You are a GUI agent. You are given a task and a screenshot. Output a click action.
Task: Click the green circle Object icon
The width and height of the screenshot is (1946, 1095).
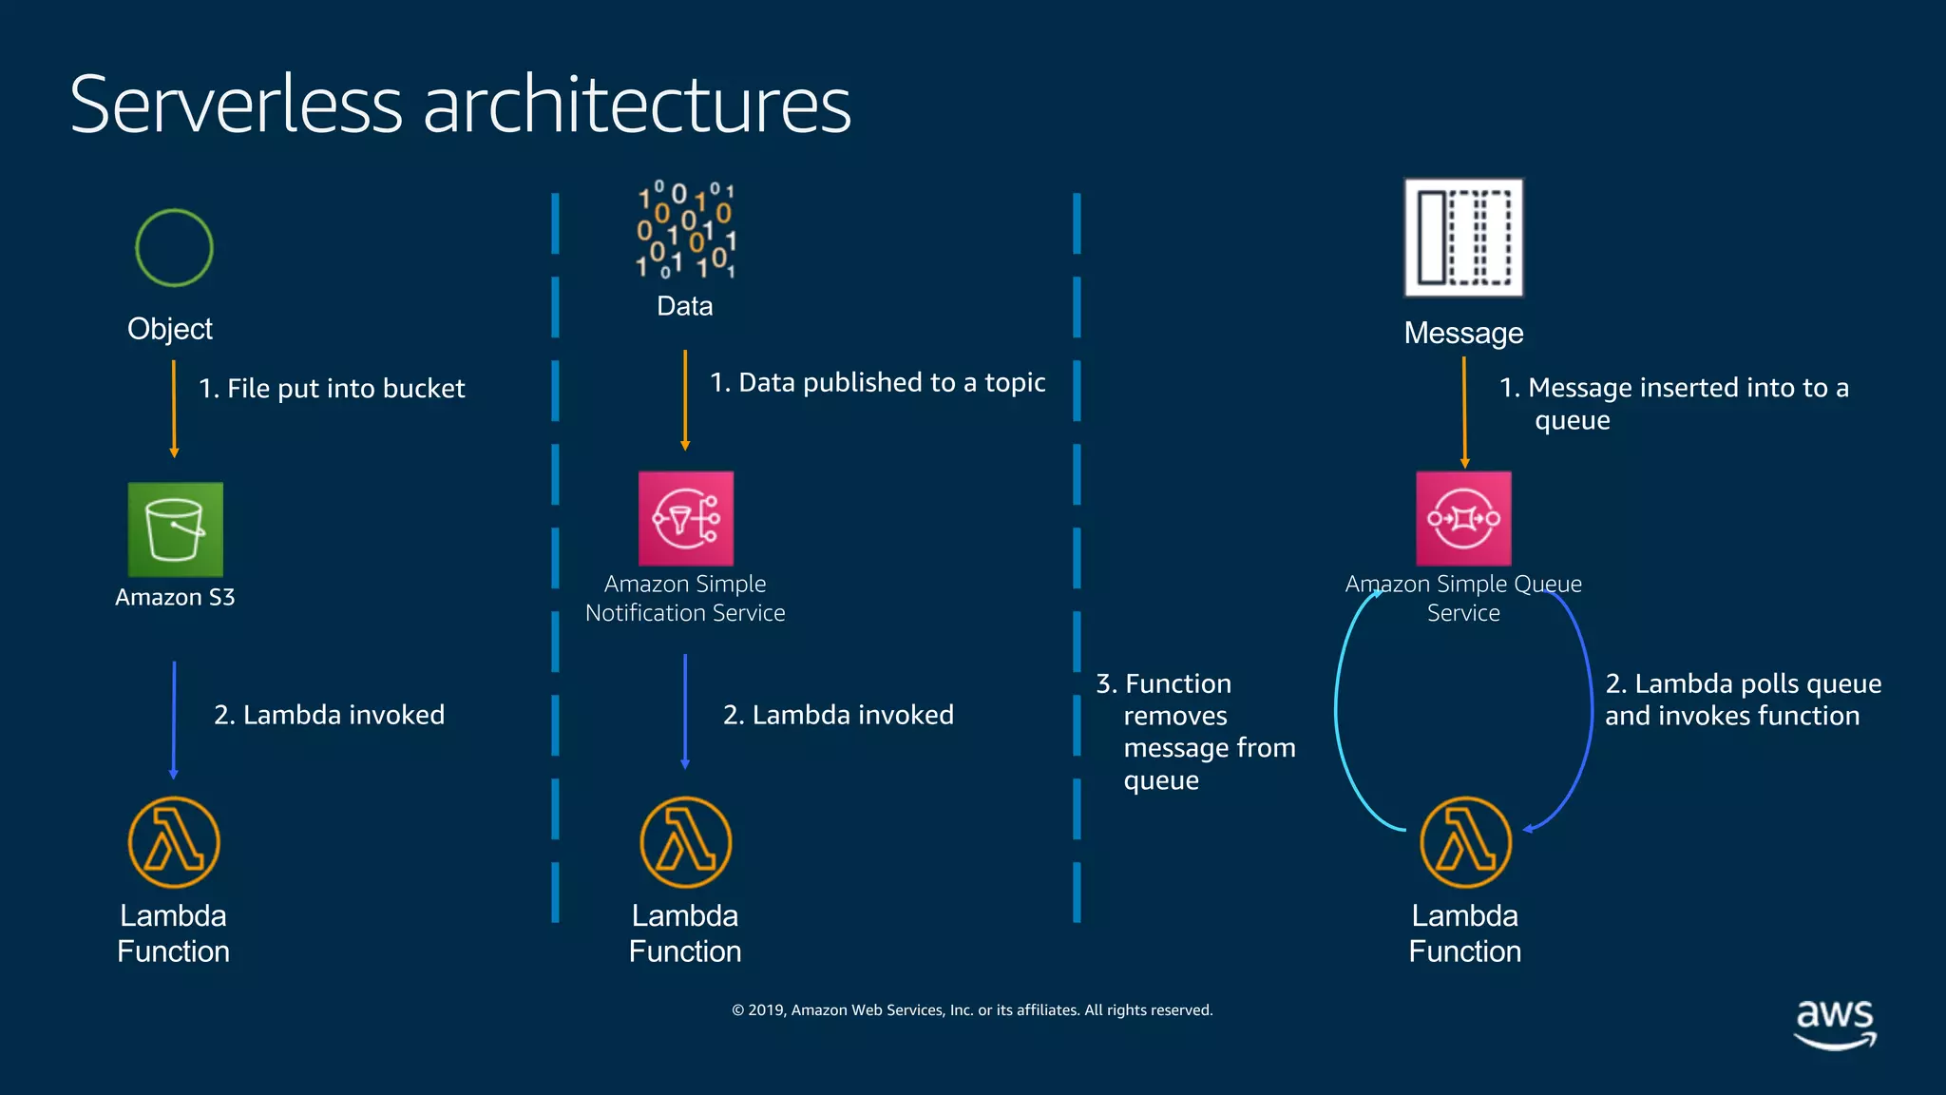click(x=174, y=248)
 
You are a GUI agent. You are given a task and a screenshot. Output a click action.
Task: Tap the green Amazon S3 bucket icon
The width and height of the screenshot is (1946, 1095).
click(x=176, y=529)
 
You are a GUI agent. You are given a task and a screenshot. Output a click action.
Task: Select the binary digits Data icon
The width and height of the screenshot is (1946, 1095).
click(x=685, y=231)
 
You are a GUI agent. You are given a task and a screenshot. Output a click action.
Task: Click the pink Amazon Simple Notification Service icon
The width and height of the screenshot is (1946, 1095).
click(x=686, y=519)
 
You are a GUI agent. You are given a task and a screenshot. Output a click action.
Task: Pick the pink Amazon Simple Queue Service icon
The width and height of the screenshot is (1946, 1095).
click(x=1463, y=519)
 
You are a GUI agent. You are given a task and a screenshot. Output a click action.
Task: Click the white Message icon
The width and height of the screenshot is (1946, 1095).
click(x=1463, y=238)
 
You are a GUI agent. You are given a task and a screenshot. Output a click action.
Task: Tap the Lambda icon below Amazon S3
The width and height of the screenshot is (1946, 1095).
click(x=174, y=842)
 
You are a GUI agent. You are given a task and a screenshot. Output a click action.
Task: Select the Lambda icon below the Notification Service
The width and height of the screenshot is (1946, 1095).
click(x=685, y=842)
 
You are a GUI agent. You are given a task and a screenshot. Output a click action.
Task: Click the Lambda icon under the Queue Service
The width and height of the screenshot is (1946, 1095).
click(x=1465, y=842)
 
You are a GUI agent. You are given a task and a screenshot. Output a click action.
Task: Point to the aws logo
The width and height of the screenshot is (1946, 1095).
click(x=1835, y=1023)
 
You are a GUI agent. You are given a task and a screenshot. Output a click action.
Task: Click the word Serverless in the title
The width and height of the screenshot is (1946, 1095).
click(x=237, y=105)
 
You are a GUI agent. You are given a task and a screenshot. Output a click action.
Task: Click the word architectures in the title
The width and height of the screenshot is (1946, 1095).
click(x=637, y=105)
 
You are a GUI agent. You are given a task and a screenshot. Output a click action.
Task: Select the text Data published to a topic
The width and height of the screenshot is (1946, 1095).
click(x=878, y=382)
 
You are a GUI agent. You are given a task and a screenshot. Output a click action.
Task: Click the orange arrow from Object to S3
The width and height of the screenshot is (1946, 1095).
click(x=174, y=409)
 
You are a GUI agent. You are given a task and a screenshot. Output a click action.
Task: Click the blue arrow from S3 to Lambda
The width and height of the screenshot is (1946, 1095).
click(x=174, y=720)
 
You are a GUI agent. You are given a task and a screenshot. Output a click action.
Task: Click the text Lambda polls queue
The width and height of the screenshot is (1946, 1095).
click(x=1743, y=683)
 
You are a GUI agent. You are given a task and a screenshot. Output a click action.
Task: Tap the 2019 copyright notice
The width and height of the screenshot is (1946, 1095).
click(x=972, y=1009)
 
